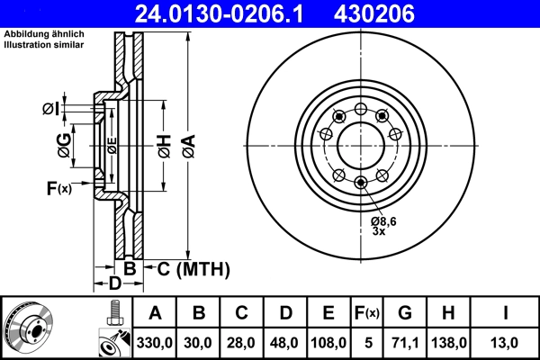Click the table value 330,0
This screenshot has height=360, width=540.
155,343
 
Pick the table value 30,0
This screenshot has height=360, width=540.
199,343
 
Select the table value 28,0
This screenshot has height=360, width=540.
241,343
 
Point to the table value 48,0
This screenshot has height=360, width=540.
284,343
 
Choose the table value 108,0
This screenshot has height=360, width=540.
328,343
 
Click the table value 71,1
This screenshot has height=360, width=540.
404,343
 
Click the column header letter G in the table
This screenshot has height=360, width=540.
404,313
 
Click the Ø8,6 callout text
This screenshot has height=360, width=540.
384,220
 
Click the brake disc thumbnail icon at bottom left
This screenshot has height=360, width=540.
29,326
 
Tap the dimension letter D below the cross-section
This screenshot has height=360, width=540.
114,284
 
